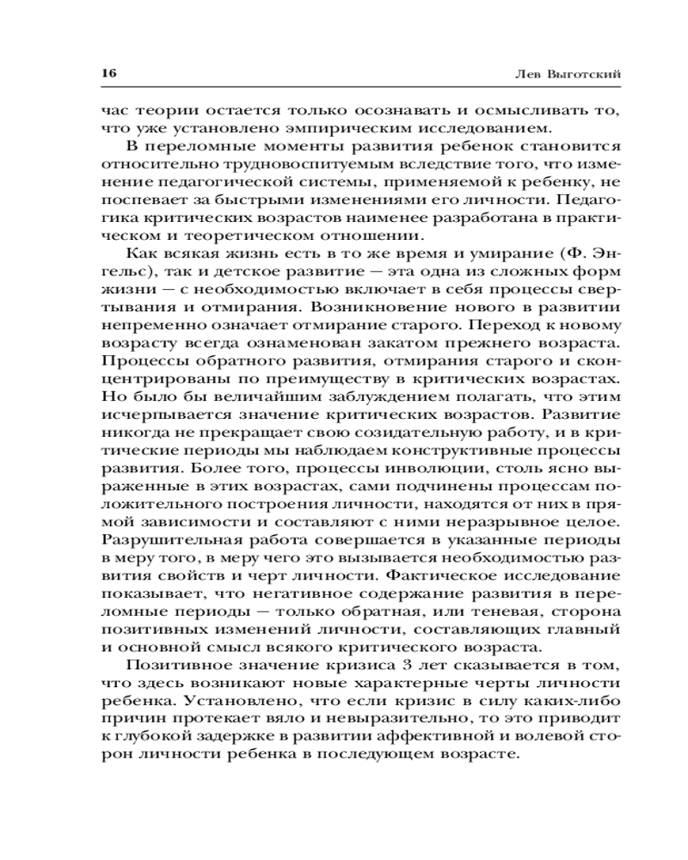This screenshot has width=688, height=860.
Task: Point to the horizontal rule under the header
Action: pos(344,90)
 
